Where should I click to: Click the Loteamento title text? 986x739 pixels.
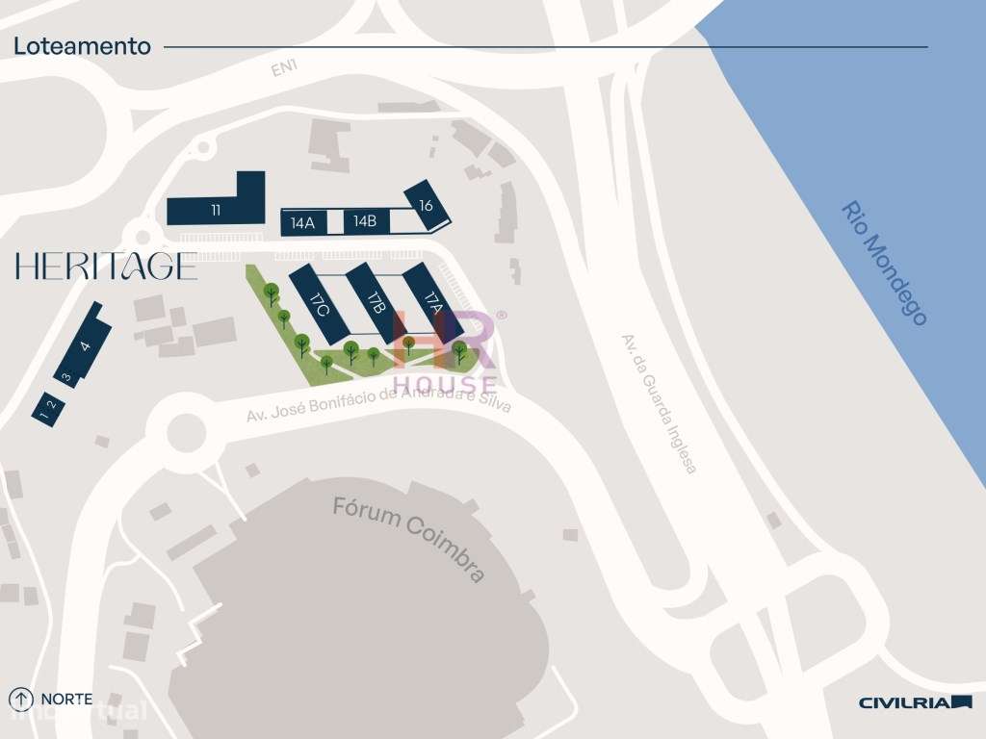coord(82,46)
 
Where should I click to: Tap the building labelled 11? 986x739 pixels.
coord(216,210)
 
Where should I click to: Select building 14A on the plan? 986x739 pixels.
coord(302,223)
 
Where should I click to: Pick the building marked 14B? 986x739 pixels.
coord(365,221)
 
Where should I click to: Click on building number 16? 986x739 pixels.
coord(426,205)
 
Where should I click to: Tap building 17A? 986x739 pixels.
coord(431,300)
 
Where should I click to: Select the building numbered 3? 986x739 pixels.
coord(66,377)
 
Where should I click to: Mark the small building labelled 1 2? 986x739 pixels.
coord(46,408)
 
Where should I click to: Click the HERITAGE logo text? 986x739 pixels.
coord(106,266)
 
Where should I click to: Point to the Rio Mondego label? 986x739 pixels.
coord(884,263)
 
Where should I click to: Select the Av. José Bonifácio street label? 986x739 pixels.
coord(378,401)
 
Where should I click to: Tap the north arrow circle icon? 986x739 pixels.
coord(21,700)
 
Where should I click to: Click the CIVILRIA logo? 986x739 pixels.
coord(915,702)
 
